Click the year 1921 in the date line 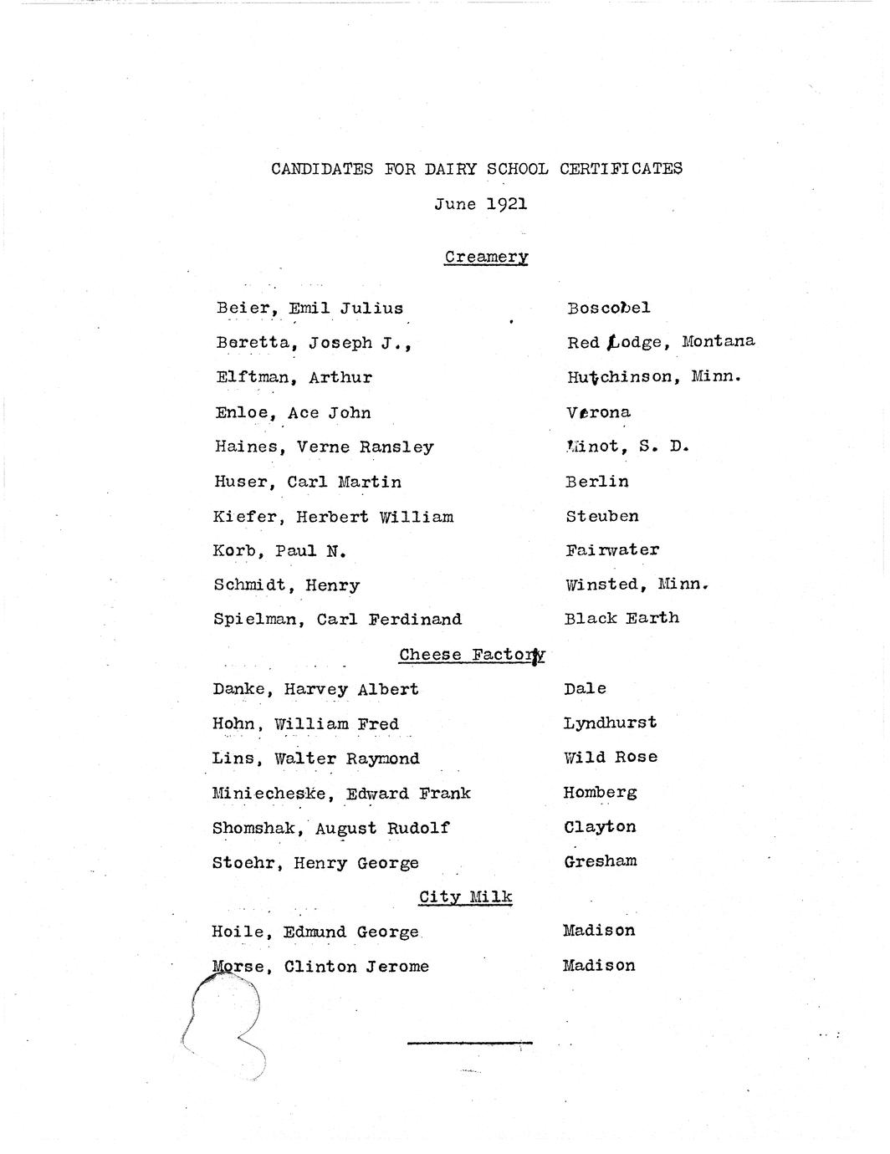point(505,204)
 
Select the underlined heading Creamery point(486,257)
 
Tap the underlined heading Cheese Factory point(472,655)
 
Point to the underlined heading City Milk point(466,897)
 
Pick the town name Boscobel point(608,308)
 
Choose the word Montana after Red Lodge point(718,341)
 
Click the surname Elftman point(252,377)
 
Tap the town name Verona point(598,412)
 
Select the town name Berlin point(597,482)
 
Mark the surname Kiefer point(244,517)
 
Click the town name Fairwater point(612,550)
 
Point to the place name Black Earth point(621,619)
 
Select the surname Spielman point(255,620)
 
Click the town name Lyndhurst point(610,723)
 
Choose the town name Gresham point(600,861)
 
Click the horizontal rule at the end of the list point(468,1043)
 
